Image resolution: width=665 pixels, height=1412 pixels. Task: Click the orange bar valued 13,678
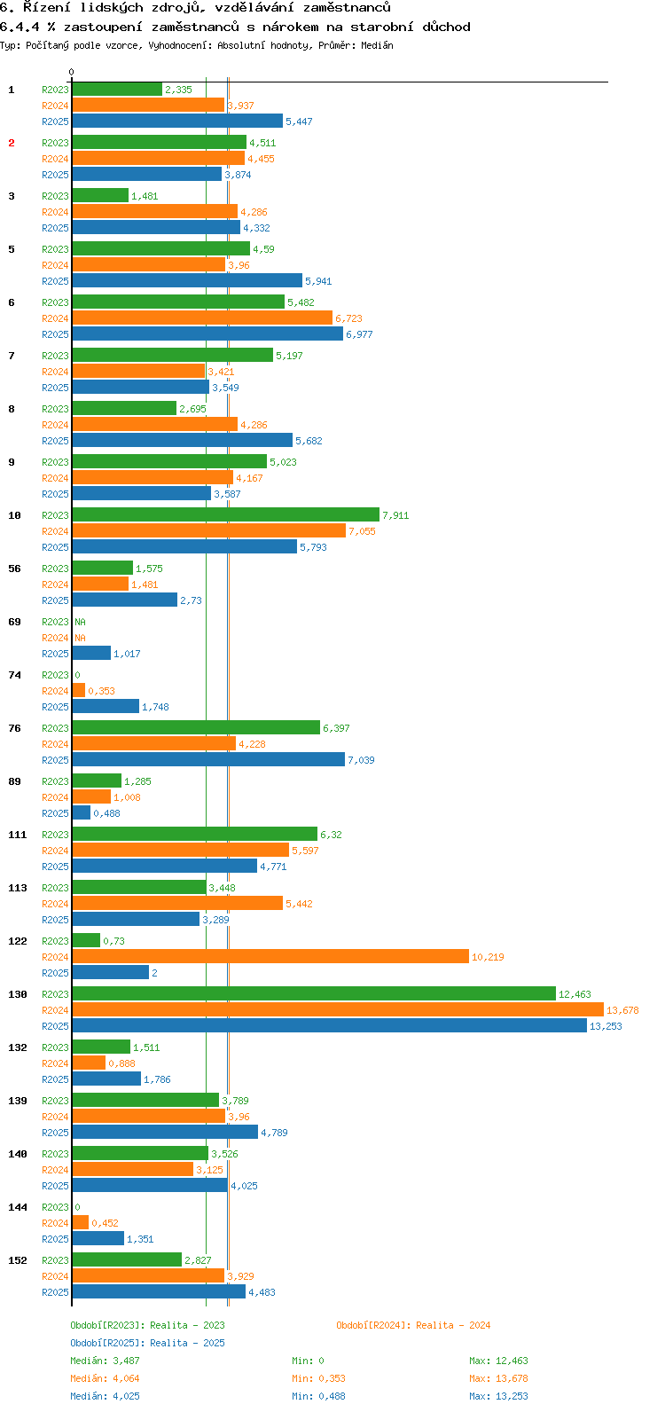337,1009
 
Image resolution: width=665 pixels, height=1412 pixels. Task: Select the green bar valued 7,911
225,514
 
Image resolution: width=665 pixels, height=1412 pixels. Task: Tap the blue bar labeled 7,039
208,759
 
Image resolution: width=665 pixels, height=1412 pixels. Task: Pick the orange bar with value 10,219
270,956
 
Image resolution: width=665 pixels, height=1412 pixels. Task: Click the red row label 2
12,143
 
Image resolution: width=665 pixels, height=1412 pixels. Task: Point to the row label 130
18,994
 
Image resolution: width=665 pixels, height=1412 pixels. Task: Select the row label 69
14,622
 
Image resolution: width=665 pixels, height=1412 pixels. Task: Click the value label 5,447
299,122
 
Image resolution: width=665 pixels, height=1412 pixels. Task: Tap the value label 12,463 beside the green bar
575,994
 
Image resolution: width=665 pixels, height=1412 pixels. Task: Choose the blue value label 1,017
127,654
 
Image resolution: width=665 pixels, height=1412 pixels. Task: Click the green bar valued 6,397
196,727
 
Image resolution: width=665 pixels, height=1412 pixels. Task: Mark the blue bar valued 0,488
82,812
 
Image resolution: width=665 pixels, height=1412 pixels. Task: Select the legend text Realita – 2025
187,1343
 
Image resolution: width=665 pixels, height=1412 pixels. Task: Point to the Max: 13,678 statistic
498,1378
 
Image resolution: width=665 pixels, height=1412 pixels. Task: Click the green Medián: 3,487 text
105,1361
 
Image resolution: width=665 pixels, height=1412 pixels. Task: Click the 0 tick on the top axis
72,72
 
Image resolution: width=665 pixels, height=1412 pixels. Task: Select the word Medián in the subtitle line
378,45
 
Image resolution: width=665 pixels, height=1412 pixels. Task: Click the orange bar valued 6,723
202,318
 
